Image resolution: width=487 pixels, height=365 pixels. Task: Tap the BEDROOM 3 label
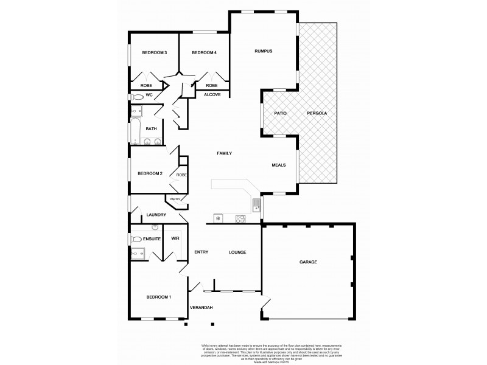[155, 53]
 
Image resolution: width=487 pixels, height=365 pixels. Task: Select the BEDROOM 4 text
[204, 53]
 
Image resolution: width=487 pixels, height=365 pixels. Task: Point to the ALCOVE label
[212, 95]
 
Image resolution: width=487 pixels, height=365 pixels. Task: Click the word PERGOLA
[317, 114]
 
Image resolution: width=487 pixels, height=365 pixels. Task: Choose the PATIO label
[280, 114]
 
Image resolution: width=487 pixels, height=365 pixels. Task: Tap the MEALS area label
[279, 165]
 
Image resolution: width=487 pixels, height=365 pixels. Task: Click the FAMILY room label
[225, 154]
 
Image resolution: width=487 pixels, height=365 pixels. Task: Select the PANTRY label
[174, 199]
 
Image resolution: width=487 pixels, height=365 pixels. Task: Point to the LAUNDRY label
[156, 215]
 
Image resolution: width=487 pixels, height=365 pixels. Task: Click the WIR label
[175, 238]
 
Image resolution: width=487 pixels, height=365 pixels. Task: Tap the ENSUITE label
[152, 238]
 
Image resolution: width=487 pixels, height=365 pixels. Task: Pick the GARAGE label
[308, 262]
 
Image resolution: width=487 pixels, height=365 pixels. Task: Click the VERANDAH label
[201, 308]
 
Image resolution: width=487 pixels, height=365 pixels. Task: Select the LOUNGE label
[237, 252]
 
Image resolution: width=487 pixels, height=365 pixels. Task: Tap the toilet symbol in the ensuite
[138, 239]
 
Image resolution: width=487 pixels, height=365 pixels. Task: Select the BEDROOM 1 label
[158, 297]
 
